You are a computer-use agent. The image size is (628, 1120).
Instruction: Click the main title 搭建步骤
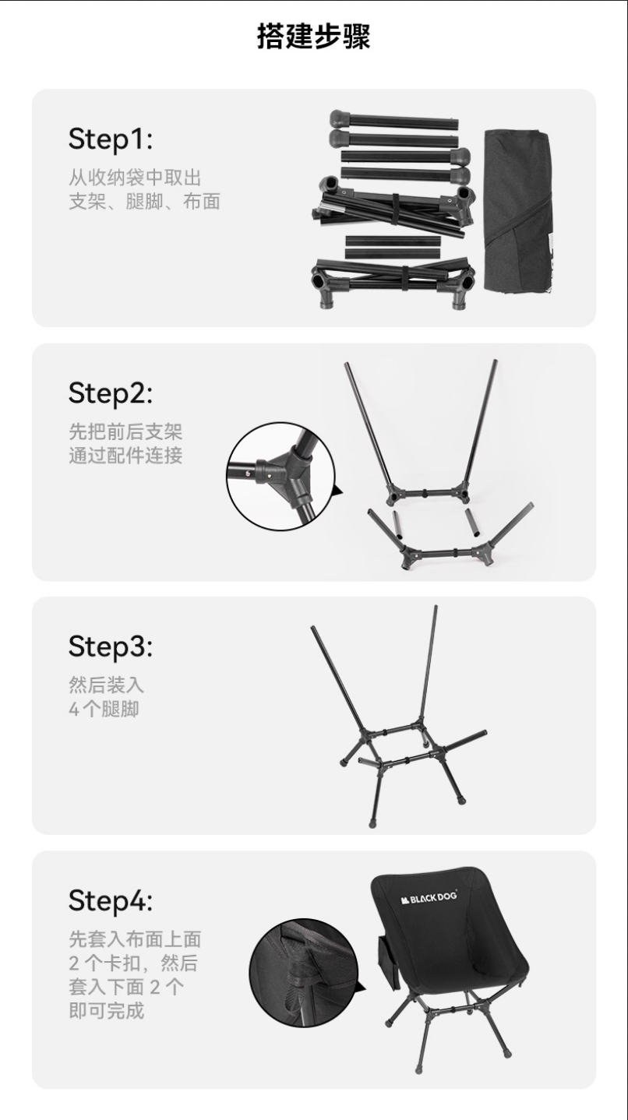tap(313, 37)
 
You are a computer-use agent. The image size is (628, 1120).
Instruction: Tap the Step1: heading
tap(111, 139)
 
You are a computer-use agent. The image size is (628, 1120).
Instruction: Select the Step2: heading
tap(111, 393)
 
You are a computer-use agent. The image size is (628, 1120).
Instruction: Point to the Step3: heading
tap(111, 646)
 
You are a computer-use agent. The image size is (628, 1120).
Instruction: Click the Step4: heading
tap(111, 900)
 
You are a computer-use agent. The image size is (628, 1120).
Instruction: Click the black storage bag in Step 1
tap(518, 211)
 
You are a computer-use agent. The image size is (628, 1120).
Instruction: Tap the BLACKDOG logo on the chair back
tap(429, 899)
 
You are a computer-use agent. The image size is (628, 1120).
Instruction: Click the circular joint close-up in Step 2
tap(280, 477)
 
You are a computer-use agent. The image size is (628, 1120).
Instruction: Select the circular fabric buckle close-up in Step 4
tap(303, 971)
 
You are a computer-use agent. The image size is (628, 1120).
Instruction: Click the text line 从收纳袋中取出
tap(135, 178)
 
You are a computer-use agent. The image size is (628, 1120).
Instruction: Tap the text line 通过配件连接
tap(125, 456)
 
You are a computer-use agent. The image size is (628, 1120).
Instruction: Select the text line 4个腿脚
tap(104, 709)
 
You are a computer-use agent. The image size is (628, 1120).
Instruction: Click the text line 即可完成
tap(107, 1010)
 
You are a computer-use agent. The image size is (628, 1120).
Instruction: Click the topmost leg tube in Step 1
tap(394, 121)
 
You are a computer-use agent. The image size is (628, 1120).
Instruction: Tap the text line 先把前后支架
tap(125, 431)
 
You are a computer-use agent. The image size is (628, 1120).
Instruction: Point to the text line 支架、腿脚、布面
tap(144, 202)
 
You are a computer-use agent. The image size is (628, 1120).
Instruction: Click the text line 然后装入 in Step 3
tap(107, 685)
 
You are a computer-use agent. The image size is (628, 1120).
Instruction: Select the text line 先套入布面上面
tap(135, 939)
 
